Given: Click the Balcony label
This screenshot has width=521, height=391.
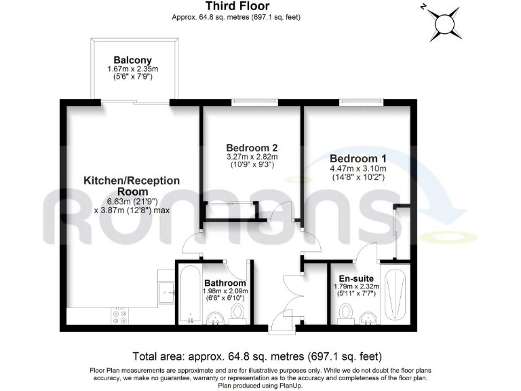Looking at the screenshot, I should [132, 59].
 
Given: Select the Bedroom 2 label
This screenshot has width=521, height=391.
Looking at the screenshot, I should [252, 147].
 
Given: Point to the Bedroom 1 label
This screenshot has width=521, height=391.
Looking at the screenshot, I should [358, 158].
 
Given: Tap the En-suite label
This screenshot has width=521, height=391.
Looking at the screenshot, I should [357, 278].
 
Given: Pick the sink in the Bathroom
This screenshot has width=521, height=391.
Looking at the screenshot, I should [214, 317].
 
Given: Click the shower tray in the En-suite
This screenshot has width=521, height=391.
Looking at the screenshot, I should [394, 295].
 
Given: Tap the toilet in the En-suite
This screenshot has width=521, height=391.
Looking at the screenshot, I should [347, 312].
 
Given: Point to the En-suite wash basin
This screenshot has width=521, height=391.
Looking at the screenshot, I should [370, 316].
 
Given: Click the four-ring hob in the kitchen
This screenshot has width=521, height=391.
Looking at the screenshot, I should [121, 316].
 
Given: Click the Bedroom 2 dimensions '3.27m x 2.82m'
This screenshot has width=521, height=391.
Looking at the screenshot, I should [252, 156].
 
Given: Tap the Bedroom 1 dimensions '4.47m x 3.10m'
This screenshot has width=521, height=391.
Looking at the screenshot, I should [358, 168].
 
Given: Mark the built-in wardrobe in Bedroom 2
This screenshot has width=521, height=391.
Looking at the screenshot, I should [231, 210].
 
